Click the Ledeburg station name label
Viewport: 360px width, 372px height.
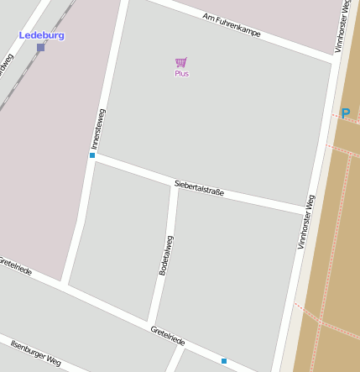click(42, 35)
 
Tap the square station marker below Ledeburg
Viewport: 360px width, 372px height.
click(41, 48)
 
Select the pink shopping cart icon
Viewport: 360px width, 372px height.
click(181, 63)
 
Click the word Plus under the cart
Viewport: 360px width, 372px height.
click(181, 74)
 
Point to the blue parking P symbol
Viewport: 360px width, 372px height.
click(345, 113)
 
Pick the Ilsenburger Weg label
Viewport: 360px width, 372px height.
click(36, 352)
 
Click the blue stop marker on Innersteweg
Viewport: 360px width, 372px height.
click(92, 155)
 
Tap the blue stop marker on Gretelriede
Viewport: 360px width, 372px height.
click(224, 361)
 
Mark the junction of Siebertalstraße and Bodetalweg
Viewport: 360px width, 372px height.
click(175, 184)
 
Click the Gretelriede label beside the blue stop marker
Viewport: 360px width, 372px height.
click(168, 335)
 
